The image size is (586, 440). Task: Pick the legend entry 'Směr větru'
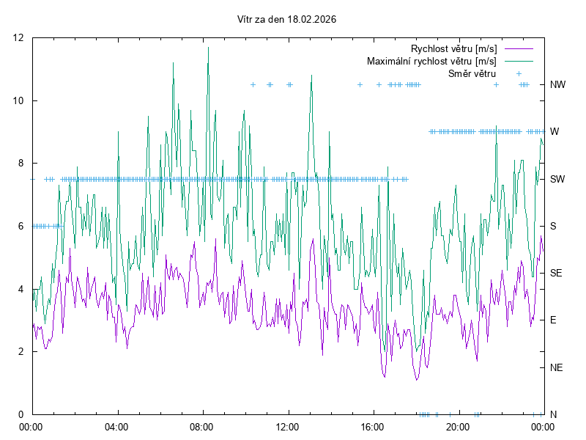click(x=472, y=73)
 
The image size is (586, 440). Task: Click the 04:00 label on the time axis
click(x=116, y=426)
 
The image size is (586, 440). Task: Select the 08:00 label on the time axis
click(x=201, y=426)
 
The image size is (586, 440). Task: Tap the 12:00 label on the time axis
click(x=287, y=426)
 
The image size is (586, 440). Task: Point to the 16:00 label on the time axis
click(x=372, y=426)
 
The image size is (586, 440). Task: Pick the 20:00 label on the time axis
click(x=458, y=426)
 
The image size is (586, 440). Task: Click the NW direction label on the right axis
click(x=557, y=85)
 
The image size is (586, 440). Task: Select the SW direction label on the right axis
click(x=557, y=179)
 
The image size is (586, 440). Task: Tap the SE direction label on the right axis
click(x=556, y=273)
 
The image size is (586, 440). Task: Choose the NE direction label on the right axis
click(x=556, y=367)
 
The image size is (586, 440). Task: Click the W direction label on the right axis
click(x=555, y=132)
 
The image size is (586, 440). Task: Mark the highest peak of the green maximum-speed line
click(x=208, y=48)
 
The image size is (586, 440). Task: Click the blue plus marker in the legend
click(x=519, y=73)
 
